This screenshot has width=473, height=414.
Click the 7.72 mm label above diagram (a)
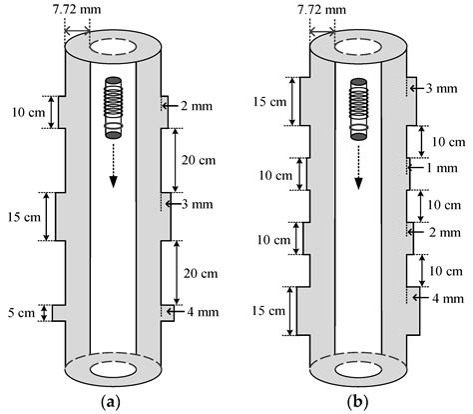pos(89,10)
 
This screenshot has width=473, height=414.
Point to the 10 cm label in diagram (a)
pos(23,111)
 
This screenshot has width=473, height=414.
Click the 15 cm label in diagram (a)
pos(23,216)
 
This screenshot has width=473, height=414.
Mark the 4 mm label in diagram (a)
pos(201,311)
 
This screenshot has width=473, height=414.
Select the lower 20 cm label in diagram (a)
pos(200,271)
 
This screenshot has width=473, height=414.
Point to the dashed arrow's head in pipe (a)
pos(112,180)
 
